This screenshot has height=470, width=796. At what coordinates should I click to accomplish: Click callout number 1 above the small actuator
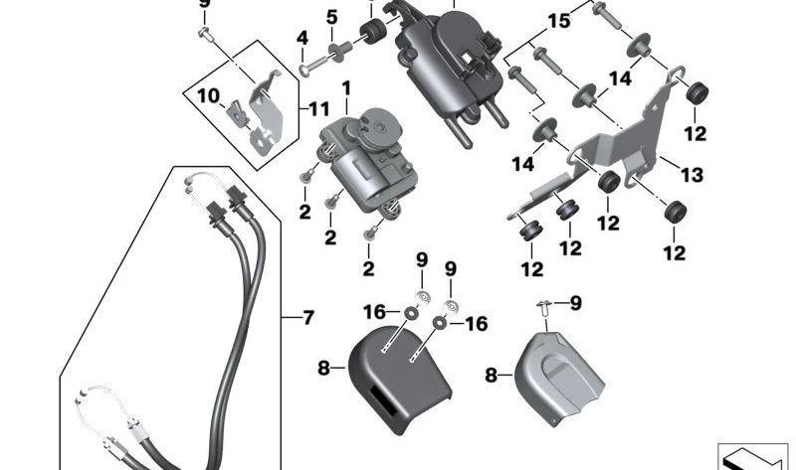[346, 90]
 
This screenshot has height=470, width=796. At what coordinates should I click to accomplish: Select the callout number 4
[301, 40]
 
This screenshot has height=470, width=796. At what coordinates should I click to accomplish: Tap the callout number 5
[331, 17]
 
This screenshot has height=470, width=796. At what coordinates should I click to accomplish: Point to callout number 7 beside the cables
[308, 318]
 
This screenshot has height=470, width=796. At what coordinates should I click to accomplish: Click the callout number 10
[206, 96]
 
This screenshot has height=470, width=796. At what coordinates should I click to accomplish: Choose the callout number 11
[318, 108]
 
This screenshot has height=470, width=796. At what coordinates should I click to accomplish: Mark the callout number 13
[692, 175]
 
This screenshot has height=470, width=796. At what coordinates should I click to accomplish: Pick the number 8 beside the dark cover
[322, 369]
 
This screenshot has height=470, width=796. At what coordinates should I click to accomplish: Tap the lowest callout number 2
[367, 268]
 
